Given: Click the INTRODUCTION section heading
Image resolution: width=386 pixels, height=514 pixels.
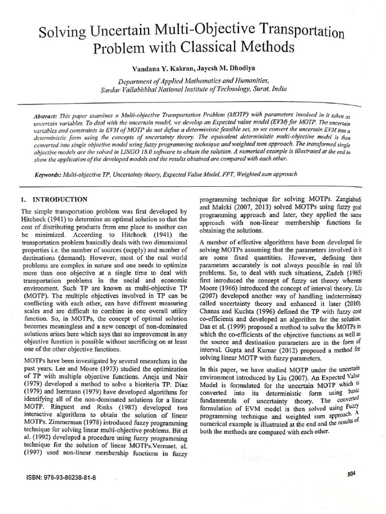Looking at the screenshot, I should click(x=60, y=199).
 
